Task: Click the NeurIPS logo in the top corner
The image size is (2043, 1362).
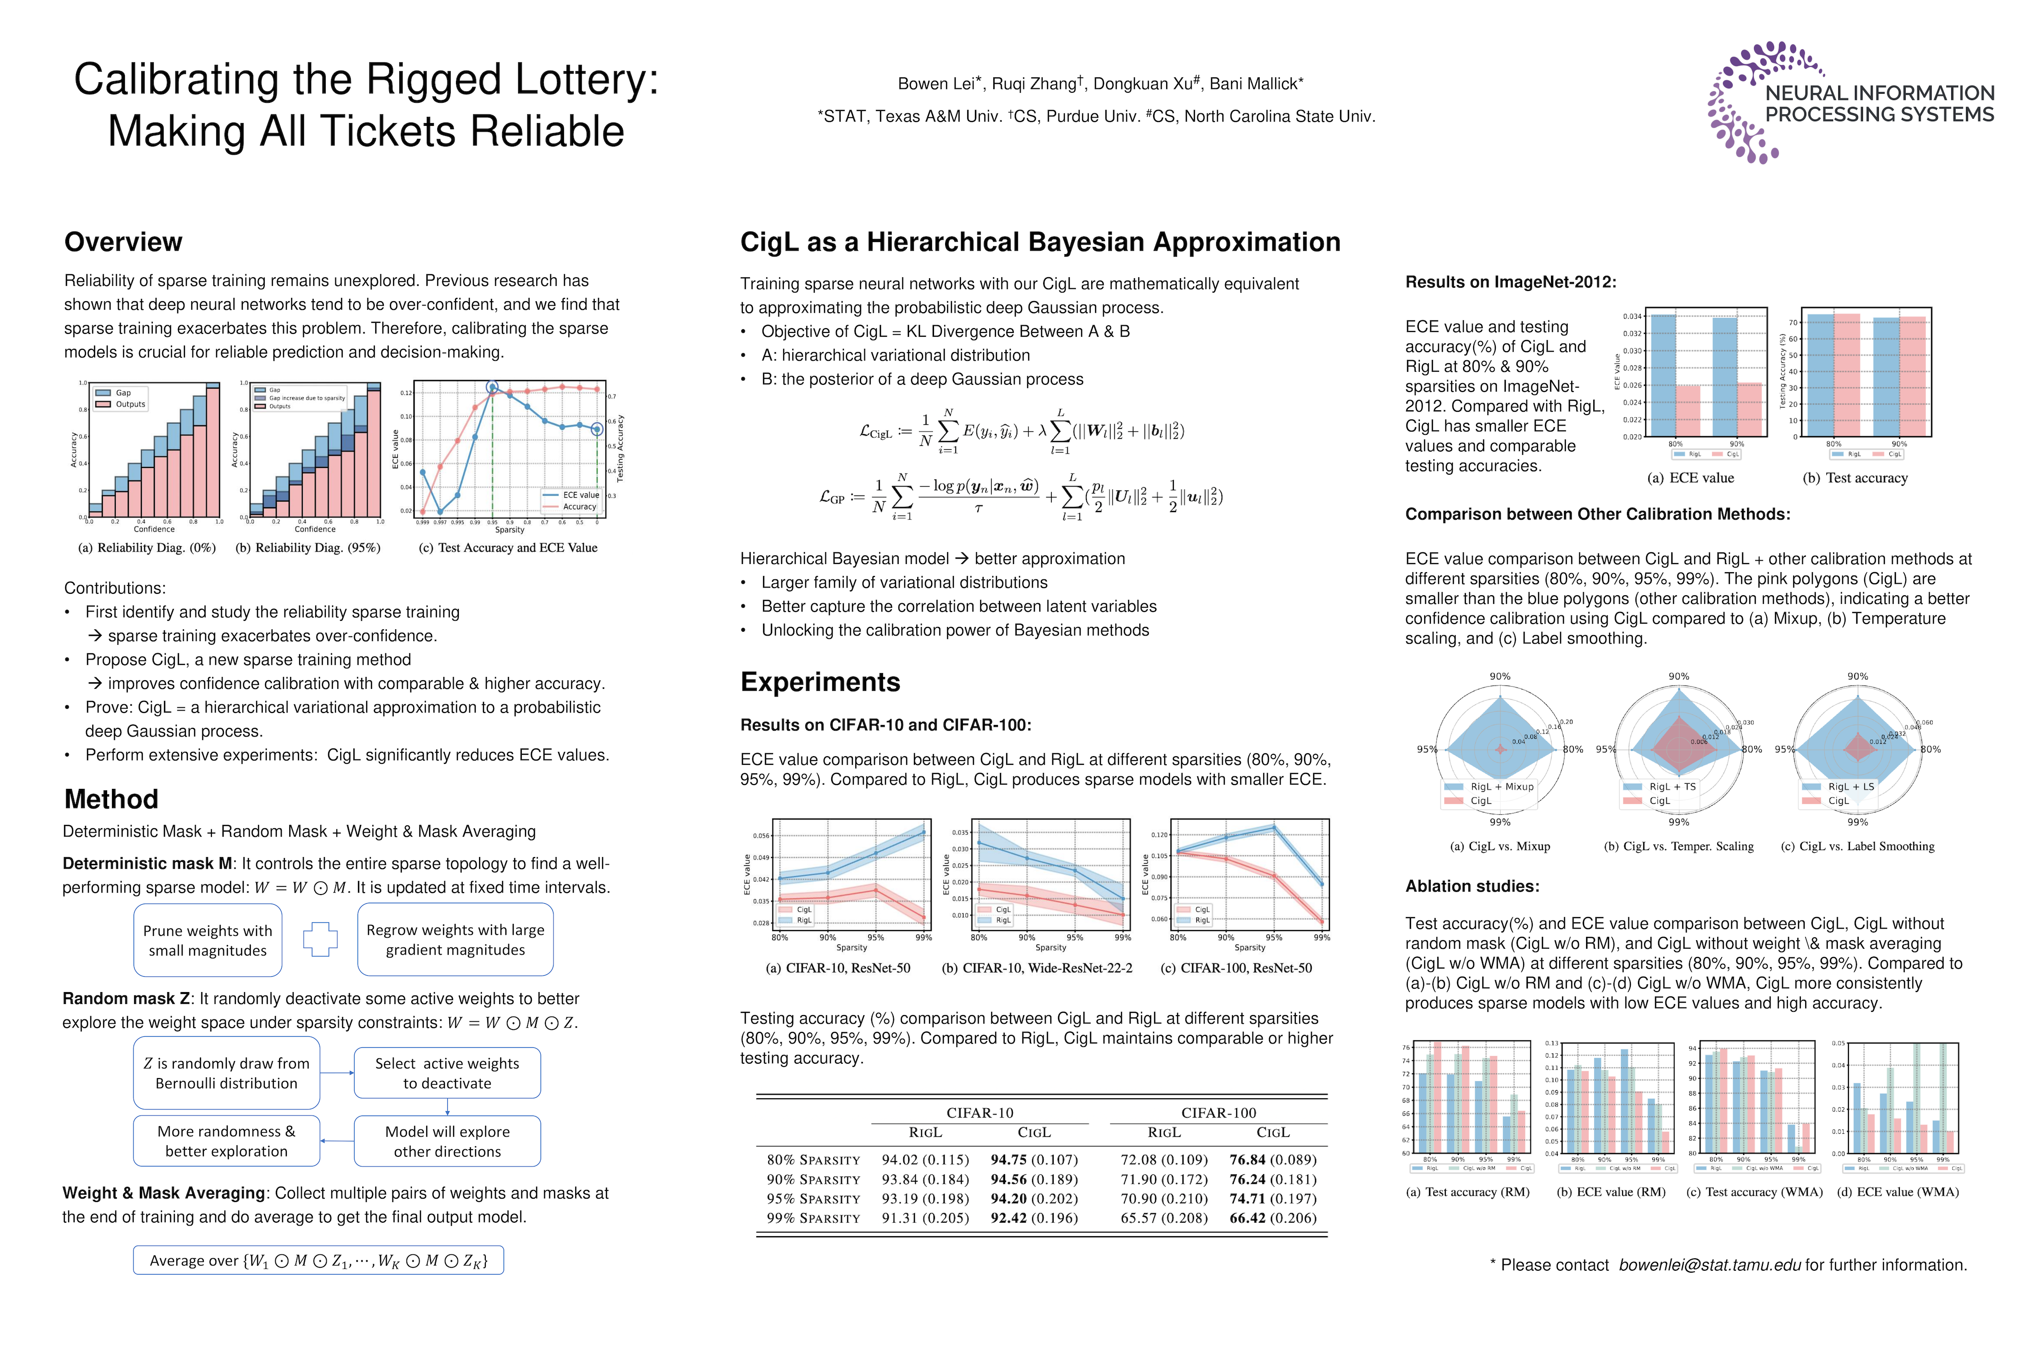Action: point(1850,102)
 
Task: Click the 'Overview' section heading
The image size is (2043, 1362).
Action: point(123,242)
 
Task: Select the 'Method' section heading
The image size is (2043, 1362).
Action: point(111,799)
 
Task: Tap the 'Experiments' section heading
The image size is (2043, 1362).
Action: point(820,682)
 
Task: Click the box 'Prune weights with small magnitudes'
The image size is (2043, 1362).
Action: point(208,940)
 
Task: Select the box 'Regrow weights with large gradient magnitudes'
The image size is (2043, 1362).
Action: point(455,940)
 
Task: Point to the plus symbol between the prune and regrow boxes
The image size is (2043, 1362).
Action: point(320,939)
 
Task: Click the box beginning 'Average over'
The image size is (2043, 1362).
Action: point(318,1260)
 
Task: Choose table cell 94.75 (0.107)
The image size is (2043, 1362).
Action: point(1034,1160)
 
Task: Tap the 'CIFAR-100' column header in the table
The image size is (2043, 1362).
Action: point(1218,1113)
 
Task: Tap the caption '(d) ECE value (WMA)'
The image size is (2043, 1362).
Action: point(1898,1192)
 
